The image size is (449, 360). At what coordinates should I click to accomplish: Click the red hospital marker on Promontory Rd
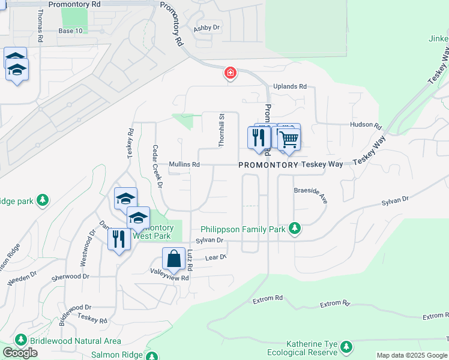click(x=230, y=74)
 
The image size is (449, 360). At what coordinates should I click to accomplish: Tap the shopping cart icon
click(x=289, y=140)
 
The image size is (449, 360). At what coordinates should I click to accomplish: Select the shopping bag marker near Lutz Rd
click(x=173, y=259)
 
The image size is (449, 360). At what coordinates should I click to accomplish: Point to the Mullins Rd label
click(x=184, y=164)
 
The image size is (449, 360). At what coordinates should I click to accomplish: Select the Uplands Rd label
click(x=290, y=86)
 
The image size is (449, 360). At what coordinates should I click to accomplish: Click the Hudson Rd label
click(x=366, y=126)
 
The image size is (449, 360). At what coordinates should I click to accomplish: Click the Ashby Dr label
click(x=207, y=28)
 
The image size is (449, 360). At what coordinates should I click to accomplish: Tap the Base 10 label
click(x=71, y=31)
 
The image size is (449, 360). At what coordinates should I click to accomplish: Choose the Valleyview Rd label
click(x=169, y=278)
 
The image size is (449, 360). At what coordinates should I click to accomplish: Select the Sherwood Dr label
click(x=70, y=277)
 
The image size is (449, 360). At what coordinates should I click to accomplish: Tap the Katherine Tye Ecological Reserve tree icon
click(x=346, y=347)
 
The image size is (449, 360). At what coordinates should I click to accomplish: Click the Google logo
click(x=20, y=353)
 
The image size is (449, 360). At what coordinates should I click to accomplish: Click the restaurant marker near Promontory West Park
click(x=118, y=239)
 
